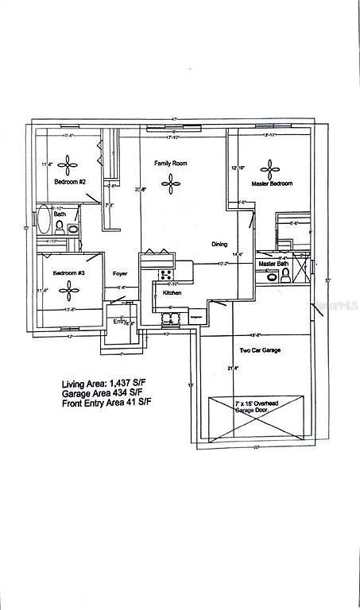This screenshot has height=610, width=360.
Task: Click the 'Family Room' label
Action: click(170, 163)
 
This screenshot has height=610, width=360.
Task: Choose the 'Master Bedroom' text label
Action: click(272, 183)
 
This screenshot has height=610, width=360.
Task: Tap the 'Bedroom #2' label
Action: click(69, 181)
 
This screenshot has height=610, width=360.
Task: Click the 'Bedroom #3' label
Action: click(68, 273)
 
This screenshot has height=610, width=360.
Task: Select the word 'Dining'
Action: click(221, 244)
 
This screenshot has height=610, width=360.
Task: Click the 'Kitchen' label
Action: click(172, 293)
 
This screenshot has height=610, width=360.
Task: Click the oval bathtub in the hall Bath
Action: click(42, 219)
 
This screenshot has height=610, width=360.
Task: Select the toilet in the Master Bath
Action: click(285, 276)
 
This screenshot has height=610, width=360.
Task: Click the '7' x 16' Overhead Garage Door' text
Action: click(255, 408)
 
